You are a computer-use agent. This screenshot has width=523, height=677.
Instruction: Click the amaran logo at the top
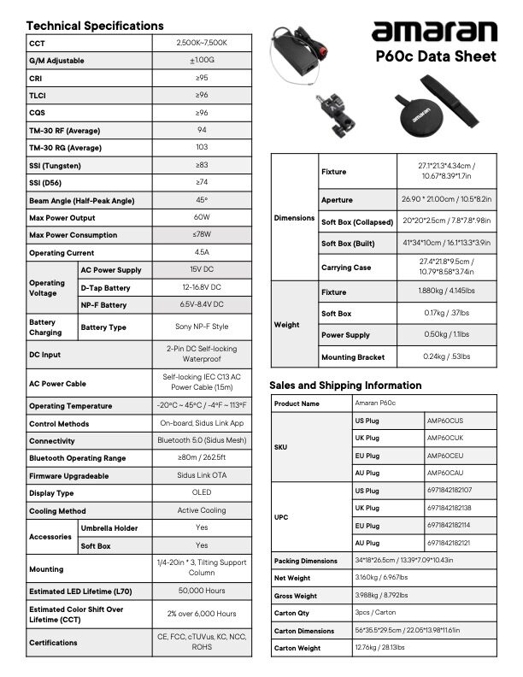click(433, 32)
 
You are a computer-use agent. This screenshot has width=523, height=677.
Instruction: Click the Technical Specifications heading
click(95, 26)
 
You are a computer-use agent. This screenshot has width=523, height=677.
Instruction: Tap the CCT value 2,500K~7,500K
click(202, 43)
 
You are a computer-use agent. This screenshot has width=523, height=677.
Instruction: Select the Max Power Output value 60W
click(202, 217)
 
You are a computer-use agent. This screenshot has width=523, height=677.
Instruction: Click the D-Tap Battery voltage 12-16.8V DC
click(202, 287)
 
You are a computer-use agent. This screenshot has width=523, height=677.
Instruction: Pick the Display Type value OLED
click(202, 493)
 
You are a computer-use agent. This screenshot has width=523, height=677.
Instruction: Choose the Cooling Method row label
click(57, 511)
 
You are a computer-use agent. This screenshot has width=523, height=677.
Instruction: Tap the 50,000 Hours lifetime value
click(202, 591)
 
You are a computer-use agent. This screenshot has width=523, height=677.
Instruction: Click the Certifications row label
click(53, 642)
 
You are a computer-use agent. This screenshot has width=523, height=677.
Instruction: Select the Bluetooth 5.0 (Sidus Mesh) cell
click(202, 440)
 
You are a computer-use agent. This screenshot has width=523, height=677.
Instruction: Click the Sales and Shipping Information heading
click(345, 385)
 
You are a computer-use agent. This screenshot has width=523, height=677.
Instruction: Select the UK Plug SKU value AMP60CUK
click(444, 438)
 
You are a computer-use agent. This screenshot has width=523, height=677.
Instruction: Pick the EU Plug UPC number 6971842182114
click(449, 526)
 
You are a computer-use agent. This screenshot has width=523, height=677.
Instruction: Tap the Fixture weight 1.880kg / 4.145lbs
click(447, 292)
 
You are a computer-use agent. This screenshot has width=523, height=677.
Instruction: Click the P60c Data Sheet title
click(436, 56)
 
